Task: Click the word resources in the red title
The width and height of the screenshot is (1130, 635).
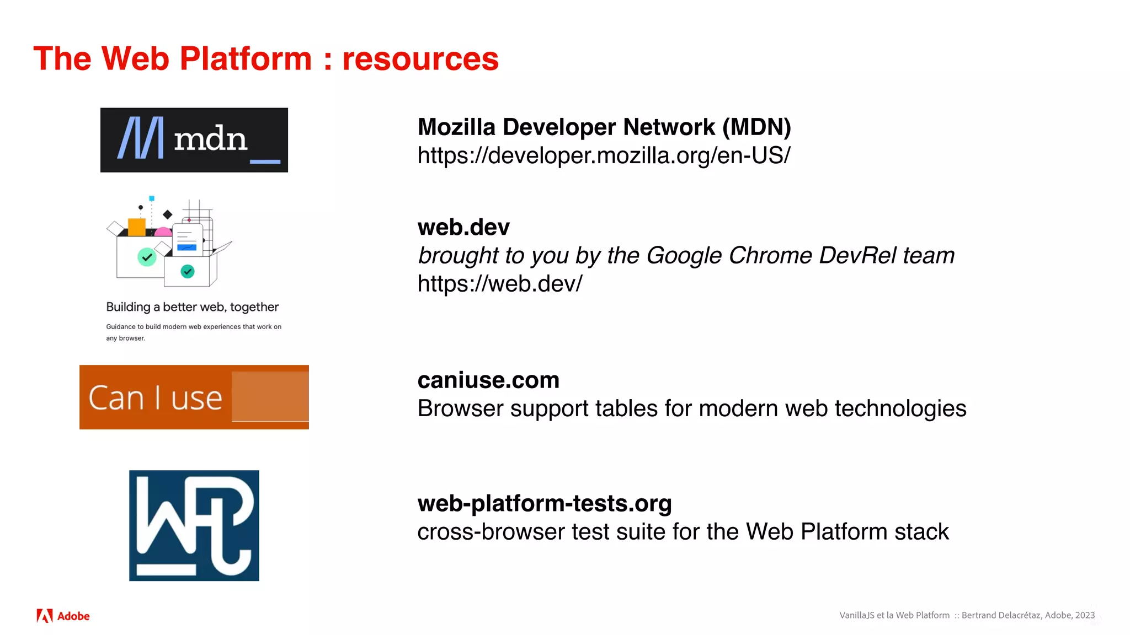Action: [x=420, y=59]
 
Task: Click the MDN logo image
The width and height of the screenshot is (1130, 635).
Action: [x=194, y=140]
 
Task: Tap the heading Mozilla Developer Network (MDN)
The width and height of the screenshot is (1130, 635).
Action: [x=604, y=127]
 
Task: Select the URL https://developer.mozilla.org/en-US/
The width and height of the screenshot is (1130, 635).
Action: [x=604, y=155]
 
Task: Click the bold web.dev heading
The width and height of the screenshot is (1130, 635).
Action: [x=463, y=227]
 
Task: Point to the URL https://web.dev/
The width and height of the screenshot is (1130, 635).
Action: [x=499, y=284]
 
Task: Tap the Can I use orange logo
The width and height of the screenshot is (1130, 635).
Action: [x=194, y=397]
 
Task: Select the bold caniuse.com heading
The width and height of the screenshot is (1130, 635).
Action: [x=488, y=380]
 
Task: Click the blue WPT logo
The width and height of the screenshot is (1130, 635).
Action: [x=194, y=525]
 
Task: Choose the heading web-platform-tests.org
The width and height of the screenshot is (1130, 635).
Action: [x=545, y=503]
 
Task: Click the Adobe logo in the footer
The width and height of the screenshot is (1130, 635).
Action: [x=63, y=616]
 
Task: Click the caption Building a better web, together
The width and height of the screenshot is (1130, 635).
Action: [x=193, y=307]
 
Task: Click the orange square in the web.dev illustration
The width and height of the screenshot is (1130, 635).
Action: [x=137, y=227]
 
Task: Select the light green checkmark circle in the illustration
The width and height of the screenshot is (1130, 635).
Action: [x=147, y=257]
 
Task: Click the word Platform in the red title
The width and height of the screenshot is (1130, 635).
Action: [x=246, y=59]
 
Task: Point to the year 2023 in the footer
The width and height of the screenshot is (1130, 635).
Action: [x=1085, y=615]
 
